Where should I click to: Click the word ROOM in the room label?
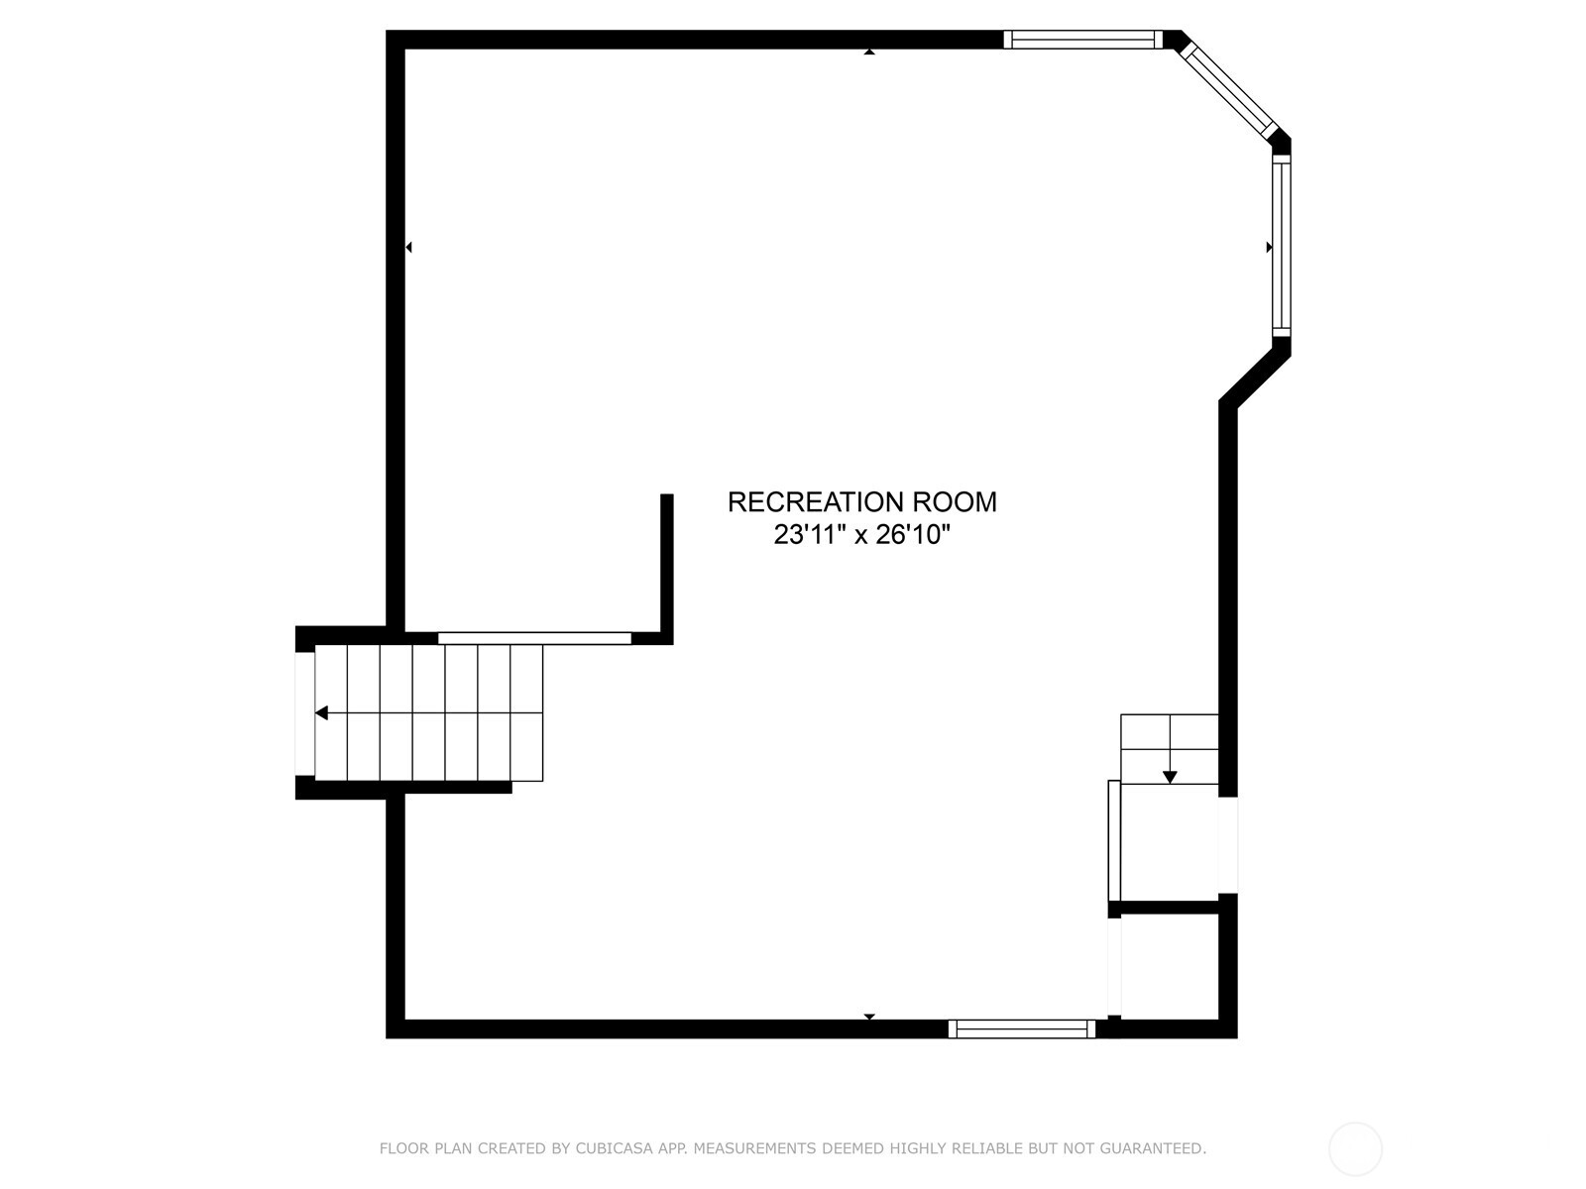[955, 501]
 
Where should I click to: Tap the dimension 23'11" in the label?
[809, 535]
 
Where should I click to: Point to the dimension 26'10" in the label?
[913, 535]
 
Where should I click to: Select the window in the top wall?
[1082, 39]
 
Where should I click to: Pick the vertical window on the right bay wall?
[1281, 246]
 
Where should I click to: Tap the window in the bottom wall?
[1022, 1028]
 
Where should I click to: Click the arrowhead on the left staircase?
[321, 713]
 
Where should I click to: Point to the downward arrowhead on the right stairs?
[1170, 778]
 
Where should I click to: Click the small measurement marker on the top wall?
[869, 52]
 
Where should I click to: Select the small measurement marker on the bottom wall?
[869, 1017]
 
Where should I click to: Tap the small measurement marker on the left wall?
[408, 248]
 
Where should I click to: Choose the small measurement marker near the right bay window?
[1269, 248]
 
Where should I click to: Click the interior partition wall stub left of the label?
[667, 569]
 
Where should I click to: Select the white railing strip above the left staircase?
[534, 638]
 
